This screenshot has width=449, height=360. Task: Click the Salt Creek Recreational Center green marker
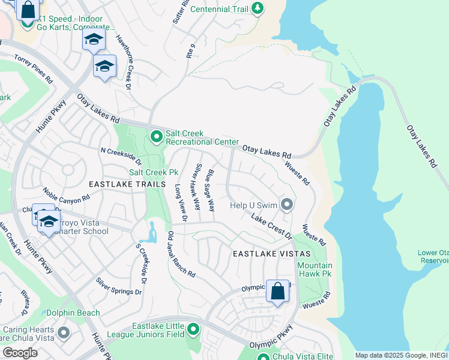click(x=157, y=137)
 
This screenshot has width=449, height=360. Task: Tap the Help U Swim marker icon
click(x=287, y=205)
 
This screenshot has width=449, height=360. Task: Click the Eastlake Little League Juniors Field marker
click(x=193, y=329)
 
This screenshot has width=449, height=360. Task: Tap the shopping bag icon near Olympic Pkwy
click(x=277, y=292)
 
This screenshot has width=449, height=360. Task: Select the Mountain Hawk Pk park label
click(x=315, y=270)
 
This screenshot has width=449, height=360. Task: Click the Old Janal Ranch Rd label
click(x=181, y=254)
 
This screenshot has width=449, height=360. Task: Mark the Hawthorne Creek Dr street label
click(x=123, y=68)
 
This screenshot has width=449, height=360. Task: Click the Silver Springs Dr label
click(x=118, y=286)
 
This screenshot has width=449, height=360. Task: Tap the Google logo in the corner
click(x=20, y=353)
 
